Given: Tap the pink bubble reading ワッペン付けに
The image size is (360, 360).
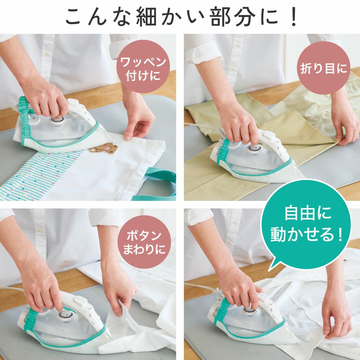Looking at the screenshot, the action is pos(143,66).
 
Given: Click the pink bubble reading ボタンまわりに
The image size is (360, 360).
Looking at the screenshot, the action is pos(144,242).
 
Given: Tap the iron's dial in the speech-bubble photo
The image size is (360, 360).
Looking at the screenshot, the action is pos(251,310).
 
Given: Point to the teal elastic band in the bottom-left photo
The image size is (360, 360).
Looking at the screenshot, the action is pos(31,321).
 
